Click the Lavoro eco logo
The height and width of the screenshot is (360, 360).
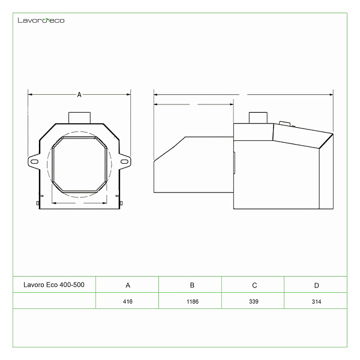tap(41, 20)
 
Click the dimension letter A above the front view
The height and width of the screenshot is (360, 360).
tap(79, 95)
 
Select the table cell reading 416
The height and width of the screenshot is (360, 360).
tap(128, 301)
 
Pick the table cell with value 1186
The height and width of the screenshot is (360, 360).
tap(193, 301)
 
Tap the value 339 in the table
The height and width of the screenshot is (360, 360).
tap(254, 301)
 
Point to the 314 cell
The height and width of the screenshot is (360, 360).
tap(316, 301)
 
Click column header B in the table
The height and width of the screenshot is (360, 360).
tap(192, 285)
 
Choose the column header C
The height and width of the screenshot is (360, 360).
tap(254, 286)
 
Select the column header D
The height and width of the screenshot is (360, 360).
tap(316, 286)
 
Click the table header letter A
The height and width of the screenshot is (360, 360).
tap(128, 285)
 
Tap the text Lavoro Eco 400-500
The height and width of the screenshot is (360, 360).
tap(54, 284)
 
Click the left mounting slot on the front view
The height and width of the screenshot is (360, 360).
tap(34, 162)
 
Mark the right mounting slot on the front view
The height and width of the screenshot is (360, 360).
tap(124, 162)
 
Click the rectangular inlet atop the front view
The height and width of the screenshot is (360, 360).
tap(79, 118)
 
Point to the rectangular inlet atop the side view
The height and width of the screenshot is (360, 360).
tap(258, 118)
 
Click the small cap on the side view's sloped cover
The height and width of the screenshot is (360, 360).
tap(284, 124)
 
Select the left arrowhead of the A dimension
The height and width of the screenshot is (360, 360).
tap(30, 94)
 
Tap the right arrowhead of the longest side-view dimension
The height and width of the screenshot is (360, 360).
tap(331, 94)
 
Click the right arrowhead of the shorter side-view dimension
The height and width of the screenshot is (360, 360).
tap(232, 104)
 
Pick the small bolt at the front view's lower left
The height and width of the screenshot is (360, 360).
tap(38, 203)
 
